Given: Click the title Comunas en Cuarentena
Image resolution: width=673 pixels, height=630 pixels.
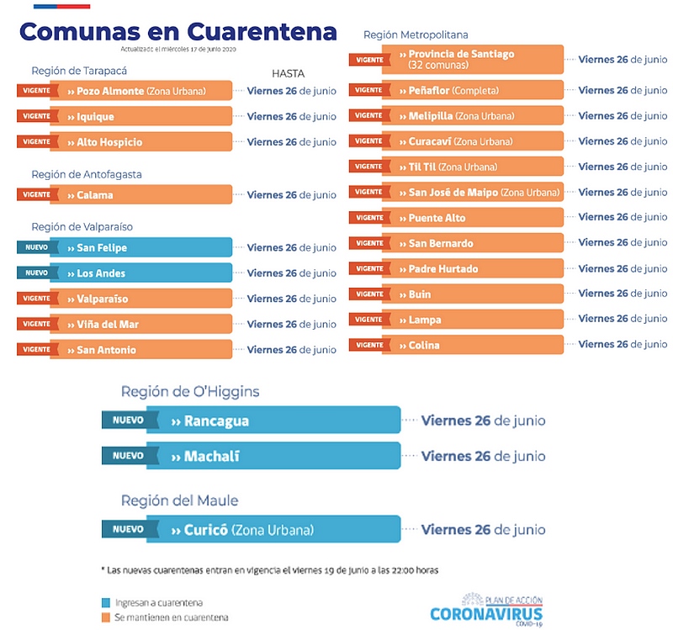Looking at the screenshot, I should pos(178,31).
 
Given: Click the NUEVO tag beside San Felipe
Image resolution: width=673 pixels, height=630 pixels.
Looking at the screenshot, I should pos(36,248).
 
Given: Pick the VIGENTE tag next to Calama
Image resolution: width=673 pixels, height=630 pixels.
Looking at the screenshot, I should pos(36,195).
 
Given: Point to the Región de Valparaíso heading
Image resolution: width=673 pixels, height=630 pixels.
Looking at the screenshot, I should pos(82,226).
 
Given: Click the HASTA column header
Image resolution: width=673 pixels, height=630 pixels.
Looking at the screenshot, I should pos(288,73).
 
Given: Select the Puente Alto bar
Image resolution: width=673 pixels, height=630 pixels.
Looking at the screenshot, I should pos(480,218).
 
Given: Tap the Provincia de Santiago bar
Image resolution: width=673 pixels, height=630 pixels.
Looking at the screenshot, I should pos(480,59).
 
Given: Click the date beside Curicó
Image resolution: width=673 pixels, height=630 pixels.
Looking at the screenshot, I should pos(483,530).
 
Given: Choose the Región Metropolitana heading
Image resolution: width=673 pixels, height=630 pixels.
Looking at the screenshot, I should pos(416,34).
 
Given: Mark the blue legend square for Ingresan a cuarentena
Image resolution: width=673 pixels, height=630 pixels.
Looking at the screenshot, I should pos(104,602).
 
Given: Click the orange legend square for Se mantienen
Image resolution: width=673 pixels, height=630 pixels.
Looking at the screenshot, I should pos(104,618).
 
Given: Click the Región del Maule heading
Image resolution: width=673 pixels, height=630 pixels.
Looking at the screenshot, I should pos(179,500).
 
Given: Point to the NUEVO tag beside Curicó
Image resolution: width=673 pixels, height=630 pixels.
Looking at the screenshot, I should pos(128,530).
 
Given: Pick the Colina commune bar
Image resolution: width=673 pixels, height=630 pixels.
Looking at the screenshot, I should pos(480,345).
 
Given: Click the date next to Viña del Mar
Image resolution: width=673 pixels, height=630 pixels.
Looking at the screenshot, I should pos(291,324).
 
